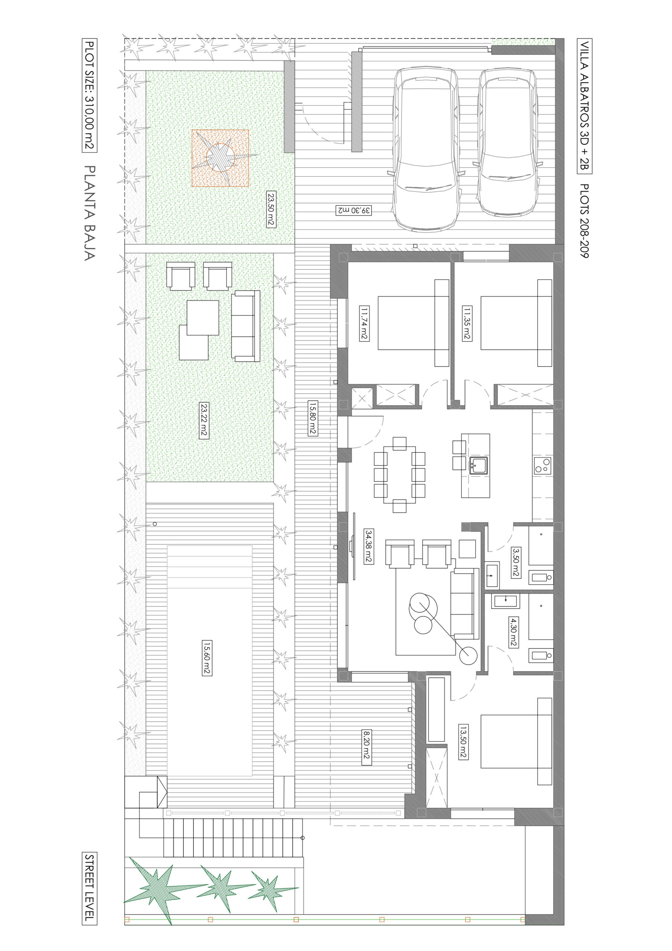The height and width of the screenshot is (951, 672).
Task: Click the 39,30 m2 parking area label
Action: [x=353, y=210]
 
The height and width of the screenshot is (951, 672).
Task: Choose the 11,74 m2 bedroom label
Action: [x=364, y=323]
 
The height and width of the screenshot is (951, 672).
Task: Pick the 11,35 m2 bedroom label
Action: [x=467, y=323]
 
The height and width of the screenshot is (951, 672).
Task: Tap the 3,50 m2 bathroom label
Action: [x=516, y=562]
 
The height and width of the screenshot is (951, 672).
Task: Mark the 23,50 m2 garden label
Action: [x=271, y=209]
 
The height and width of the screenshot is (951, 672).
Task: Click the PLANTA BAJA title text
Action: [x=90, y=213]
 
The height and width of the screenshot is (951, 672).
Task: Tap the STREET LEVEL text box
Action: [x=89, y=889]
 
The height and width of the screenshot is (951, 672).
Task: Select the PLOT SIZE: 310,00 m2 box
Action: [x=89, y=95]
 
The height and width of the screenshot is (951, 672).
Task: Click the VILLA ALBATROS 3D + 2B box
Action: [x=584, y=106]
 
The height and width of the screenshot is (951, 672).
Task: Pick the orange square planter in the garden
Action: [x=220, y=158]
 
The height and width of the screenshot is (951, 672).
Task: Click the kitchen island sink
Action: [x=478, y=465]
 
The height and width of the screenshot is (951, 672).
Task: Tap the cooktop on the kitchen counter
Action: [x=543, y=465]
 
